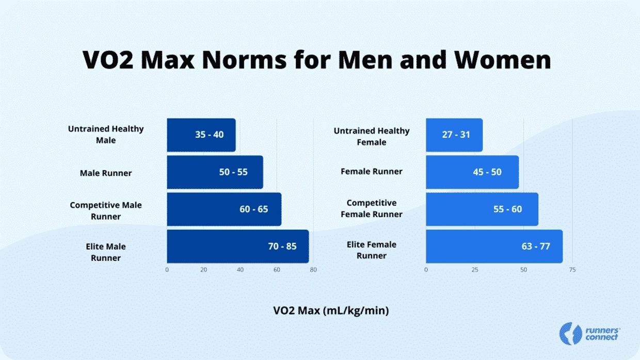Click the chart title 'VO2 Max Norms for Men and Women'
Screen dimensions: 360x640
point(317,60)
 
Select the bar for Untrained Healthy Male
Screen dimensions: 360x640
point(201,135)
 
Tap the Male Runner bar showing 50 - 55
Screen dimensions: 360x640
point(215,172)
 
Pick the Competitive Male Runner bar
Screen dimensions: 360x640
point(223,209)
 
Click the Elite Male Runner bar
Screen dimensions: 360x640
point(237,247)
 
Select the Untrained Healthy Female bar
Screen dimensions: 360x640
point(454,135)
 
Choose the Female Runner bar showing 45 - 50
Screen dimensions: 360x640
point(472,172)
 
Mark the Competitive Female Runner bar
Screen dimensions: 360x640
point(482,209)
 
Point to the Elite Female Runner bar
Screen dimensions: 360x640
point(494,247)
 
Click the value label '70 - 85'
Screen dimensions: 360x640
point(282,247)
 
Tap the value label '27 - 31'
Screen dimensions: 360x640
point(456,135)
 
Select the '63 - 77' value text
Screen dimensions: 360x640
point(536,247)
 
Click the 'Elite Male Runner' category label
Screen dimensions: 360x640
point(106,252)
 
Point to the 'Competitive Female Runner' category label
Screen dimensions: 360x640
point(372,208)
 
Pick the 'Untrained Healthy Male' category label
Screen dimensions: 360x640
point(106,135)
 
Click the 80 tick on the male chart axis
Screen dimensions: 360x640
point(313,270)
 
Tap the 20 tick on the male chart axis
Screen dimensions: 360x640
point(203,270)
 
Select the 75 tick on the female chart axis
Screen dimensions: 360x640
point(572,270)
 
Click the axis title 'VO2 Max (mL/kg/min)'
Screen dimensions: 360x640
point(331,310)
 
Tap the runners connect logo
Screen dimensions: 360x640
point(590,334)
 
